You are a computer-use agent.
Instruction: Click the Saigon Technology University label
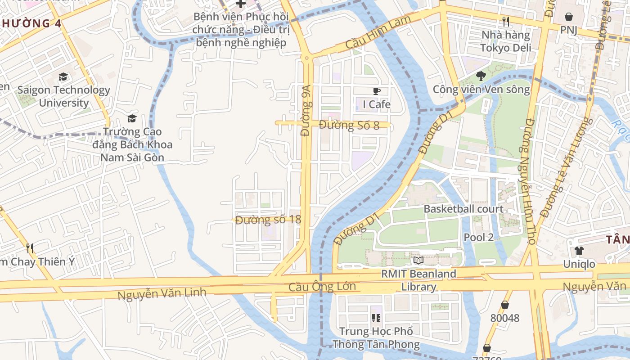point(63,96)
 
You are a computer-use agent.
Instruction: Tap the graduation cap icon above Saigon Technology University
point(63,77)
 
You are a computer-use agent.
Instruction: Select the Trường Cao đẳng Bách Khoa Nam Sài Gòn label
point(132,144)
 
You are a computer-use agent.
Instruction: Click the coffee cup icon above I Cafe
point(377,91)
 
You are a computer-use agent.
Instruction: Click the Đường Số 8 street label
point(349,125)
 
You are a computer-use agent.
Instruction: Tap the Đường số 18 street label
point(268,220)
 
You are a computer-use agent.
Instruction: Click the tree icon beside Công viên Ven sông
point(481,75)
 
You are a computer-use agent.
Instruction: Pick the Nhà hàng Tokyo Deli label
point(506,41)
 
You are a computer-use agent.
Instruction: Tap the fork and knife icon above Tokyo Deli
point(506,21)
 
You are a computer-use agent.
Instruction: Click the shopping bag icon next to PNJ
point(569,17)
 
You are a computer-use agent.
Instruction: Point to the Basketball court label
point(463,209)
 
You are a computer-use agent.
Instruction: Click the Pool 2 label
point(479,237)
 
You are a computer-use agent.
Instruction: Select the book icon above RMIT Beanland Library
point(418,260)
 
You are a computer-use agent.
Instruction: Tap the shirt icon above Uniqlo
point(579,250)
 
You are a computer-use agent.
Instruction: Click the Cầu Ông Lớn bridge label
point(322,287)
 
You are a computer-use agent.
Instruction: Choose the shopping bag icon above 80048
point(505,305)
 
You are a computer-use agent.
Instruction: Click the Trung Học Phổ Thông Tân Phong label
point(376,338)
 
